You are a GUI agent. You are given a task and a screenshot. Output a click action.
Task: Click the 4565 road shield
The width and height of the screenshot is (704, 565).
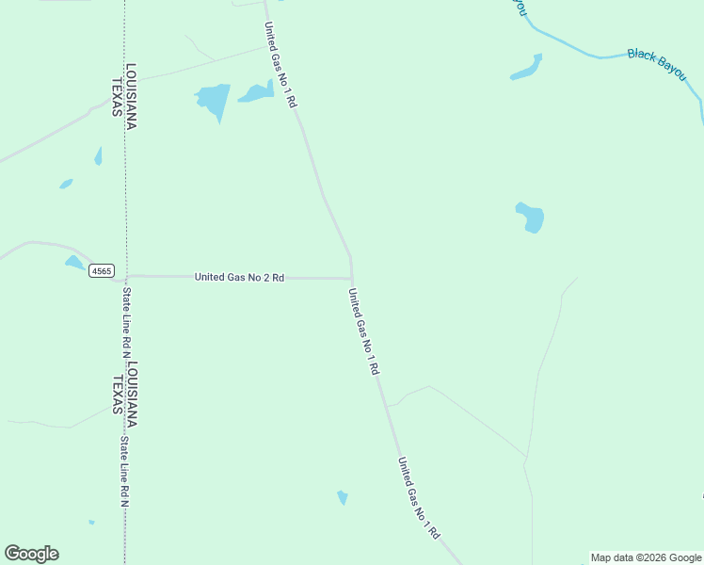[101, 271]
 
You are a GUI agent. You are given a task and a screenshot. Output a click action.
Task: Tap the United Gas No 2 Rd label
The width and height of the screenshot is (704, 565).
[239, 278]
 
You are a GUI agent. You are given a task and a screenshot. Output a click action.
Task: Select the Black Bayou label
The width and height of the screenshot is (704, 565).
[656, 63]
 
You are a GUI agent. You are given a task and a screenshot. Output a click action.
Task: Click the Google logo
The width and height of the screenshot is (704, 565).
[31, 554]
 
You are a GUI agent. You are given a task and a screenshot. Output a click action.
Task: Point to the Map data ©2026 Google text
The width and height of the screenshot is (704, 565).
[646, 557]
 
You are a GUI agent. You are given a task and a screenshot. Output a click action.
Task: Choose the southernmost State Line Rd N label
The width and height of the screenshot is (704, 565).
[123, 471]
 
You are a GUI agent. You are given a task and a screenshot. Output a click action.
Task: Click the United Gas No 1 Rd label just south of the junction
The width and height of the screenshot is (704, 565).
[362, 332]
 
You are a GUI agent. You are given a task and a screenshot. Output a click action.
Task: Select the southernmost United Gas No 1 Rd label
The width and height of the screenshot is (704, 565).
[418, 498]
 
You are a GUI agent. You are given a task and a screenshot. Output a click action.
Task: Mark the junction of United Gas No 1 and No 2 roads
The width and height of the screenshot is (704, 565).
[351, 279]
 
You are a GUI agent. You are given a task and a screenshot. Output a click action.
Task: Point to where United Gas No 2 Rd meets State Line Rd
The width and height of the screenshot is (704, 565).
[126, 277]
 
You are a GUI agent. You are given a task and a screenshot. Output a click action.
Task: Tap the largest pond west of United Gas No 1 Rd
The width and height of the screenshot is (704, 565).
[214, 98]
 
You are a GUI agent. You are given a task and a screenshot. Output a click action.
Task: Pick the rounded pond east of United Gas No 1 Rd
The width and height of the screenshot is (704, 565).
[531, 218]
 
